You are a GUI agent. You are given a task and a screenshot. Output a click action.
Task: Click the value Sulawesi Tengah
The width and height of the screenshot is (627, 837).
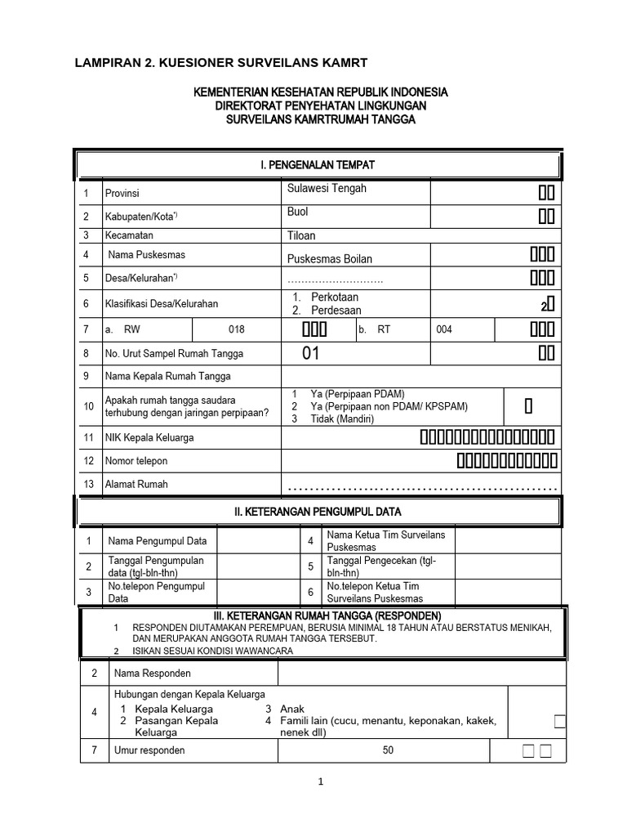coord(327,189)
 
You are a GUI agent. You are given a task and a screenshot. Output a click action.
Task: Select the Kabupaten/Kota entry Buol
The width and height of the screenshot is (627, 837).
coord(298,212)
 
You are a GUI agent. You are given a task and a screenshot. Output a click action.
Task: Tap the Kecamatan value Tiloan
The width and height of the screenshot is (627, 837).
coord(301,235)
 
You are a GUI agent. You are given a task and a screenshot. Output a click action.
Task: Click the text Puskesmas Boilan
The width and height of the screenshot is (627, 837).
coord(329,259)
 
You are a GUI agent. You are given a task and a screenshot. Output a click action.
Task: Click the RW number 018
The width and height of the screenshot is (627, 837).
coord(236,329)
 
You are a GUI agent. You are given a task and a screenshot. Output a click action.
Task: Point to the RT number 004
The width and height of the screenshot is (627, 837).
coord(443,329)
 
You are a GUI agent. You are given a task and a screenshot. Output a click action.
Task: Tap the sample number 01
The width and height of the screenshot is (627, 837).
coord(310,354)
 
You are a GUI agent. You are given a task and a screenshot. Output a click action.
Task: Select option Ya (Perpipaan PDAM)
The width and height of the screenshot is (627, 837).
coord(353,393)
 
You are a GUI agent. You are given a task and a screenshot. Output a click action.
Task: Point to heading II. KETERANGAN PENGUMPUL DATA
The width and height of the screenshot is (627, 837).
coord(318,512)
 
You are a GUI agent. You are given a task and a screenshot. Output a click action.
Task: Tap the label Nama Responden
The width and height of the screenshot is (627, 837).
coord(152,674)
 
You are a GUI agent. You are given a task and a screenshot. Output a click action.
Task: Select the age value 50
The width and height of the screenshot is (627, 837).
coord(388,750)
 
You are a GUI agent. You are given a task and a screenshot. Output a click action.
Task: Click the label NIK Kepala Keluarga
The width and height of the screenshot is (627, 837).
coord(149,437)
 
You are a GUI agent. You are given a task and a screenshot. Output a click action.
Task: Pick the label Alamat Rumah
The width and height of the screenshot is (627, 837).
coord(136,484)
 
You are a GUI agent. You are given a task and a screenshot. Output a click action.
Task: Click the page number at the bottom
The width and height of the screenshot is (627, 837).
coord(322,781)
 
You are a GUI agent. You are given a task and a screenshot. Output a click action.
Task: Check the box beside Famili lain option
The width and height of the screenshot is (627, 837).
coord(559,720)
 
